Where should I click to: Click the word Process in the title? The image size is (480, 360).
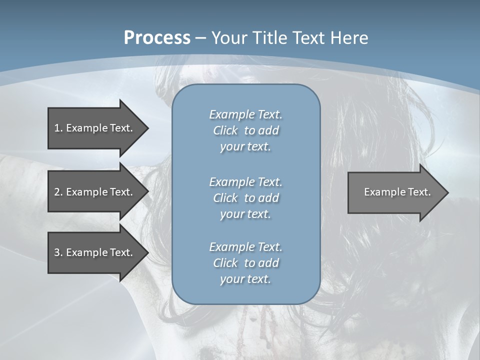156,37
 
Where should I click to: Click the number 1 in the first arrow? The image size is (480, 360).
57,128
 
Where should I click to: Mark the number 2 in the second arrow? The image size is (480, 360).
57,192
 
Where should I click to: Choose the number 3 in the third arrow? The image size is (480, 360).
57,252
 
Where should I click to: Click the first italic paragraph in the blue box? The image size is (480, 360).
245,130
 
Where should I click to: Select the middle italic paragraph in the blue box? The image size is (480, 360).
245,197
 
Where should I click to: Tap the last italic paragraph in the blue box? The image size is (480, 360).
245,263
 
